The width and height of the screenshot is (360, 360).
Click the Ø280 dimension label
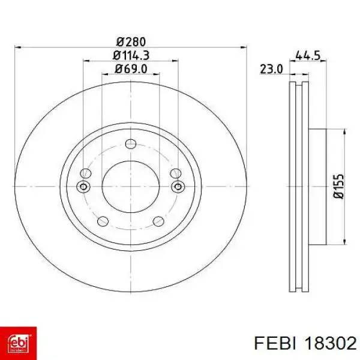pyautogui.click(x=131, y=42)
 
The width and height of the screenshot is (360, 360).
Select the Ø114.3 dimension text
pyautogui.click(x=131, y=55)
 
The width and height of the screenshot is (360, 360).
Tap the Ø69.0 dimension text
pyautogui.click(x=131, y=69)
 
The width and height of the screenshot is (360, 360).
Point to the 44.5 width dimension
pyautogui.click(x=308, y=55)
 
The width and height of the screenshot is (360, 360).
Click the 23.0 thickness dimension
pyautogui.click(x=271, y=69)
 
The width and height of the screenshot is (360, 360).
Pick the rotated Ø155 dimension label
pyautogui.click(x=339, y=187)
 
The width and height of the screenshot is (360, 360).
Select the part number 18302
pyautogui.click(x=330, y=344)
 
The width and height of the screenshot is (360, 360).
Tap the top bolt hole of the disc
pyautogui.click(x=131, y=144)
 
